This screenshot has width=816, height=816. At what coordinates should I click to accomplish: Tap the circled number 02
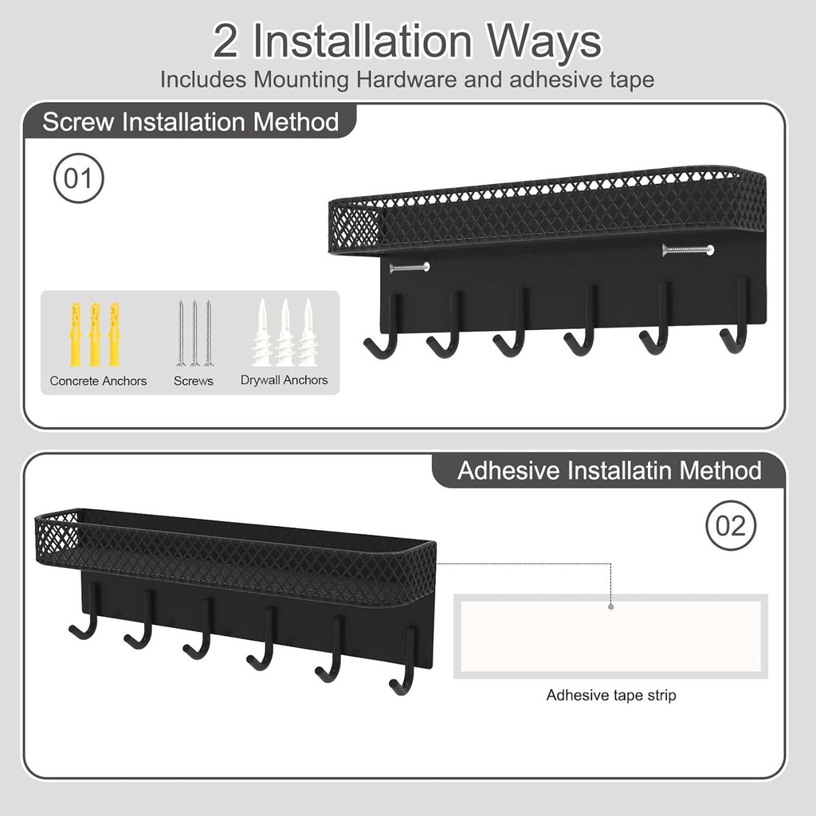click(732, 526)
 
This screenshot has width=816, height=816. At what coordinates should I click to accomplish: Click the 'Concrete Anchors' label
click(98, 381)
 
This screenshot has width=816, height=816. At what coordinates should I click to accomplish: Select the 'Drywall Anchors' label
click(284, 380)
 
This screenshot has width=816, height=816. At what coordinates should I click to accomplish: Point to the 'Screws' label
click(194, 381)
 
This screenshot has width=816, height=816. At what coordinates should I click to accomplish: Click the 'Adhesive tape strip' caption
click(611, 695)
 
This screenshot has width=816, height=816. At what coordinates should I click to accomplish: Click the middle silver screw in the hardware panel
click(194, 333)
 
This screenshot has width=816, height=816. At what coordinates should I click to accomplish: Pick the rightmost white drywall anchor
click(308, 333)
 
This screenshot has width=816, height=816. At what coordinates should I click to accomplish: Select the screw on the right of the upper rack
click(687, 250)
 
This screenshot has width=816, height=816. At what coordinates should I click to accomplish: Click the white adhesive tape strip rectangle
click(610, 636)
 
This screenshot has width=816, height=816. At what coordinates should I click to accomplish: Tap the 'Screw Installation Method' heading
click(190, 122)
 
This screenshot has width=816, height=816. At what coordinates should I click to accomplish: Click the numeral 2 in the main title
click(226, 41)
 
